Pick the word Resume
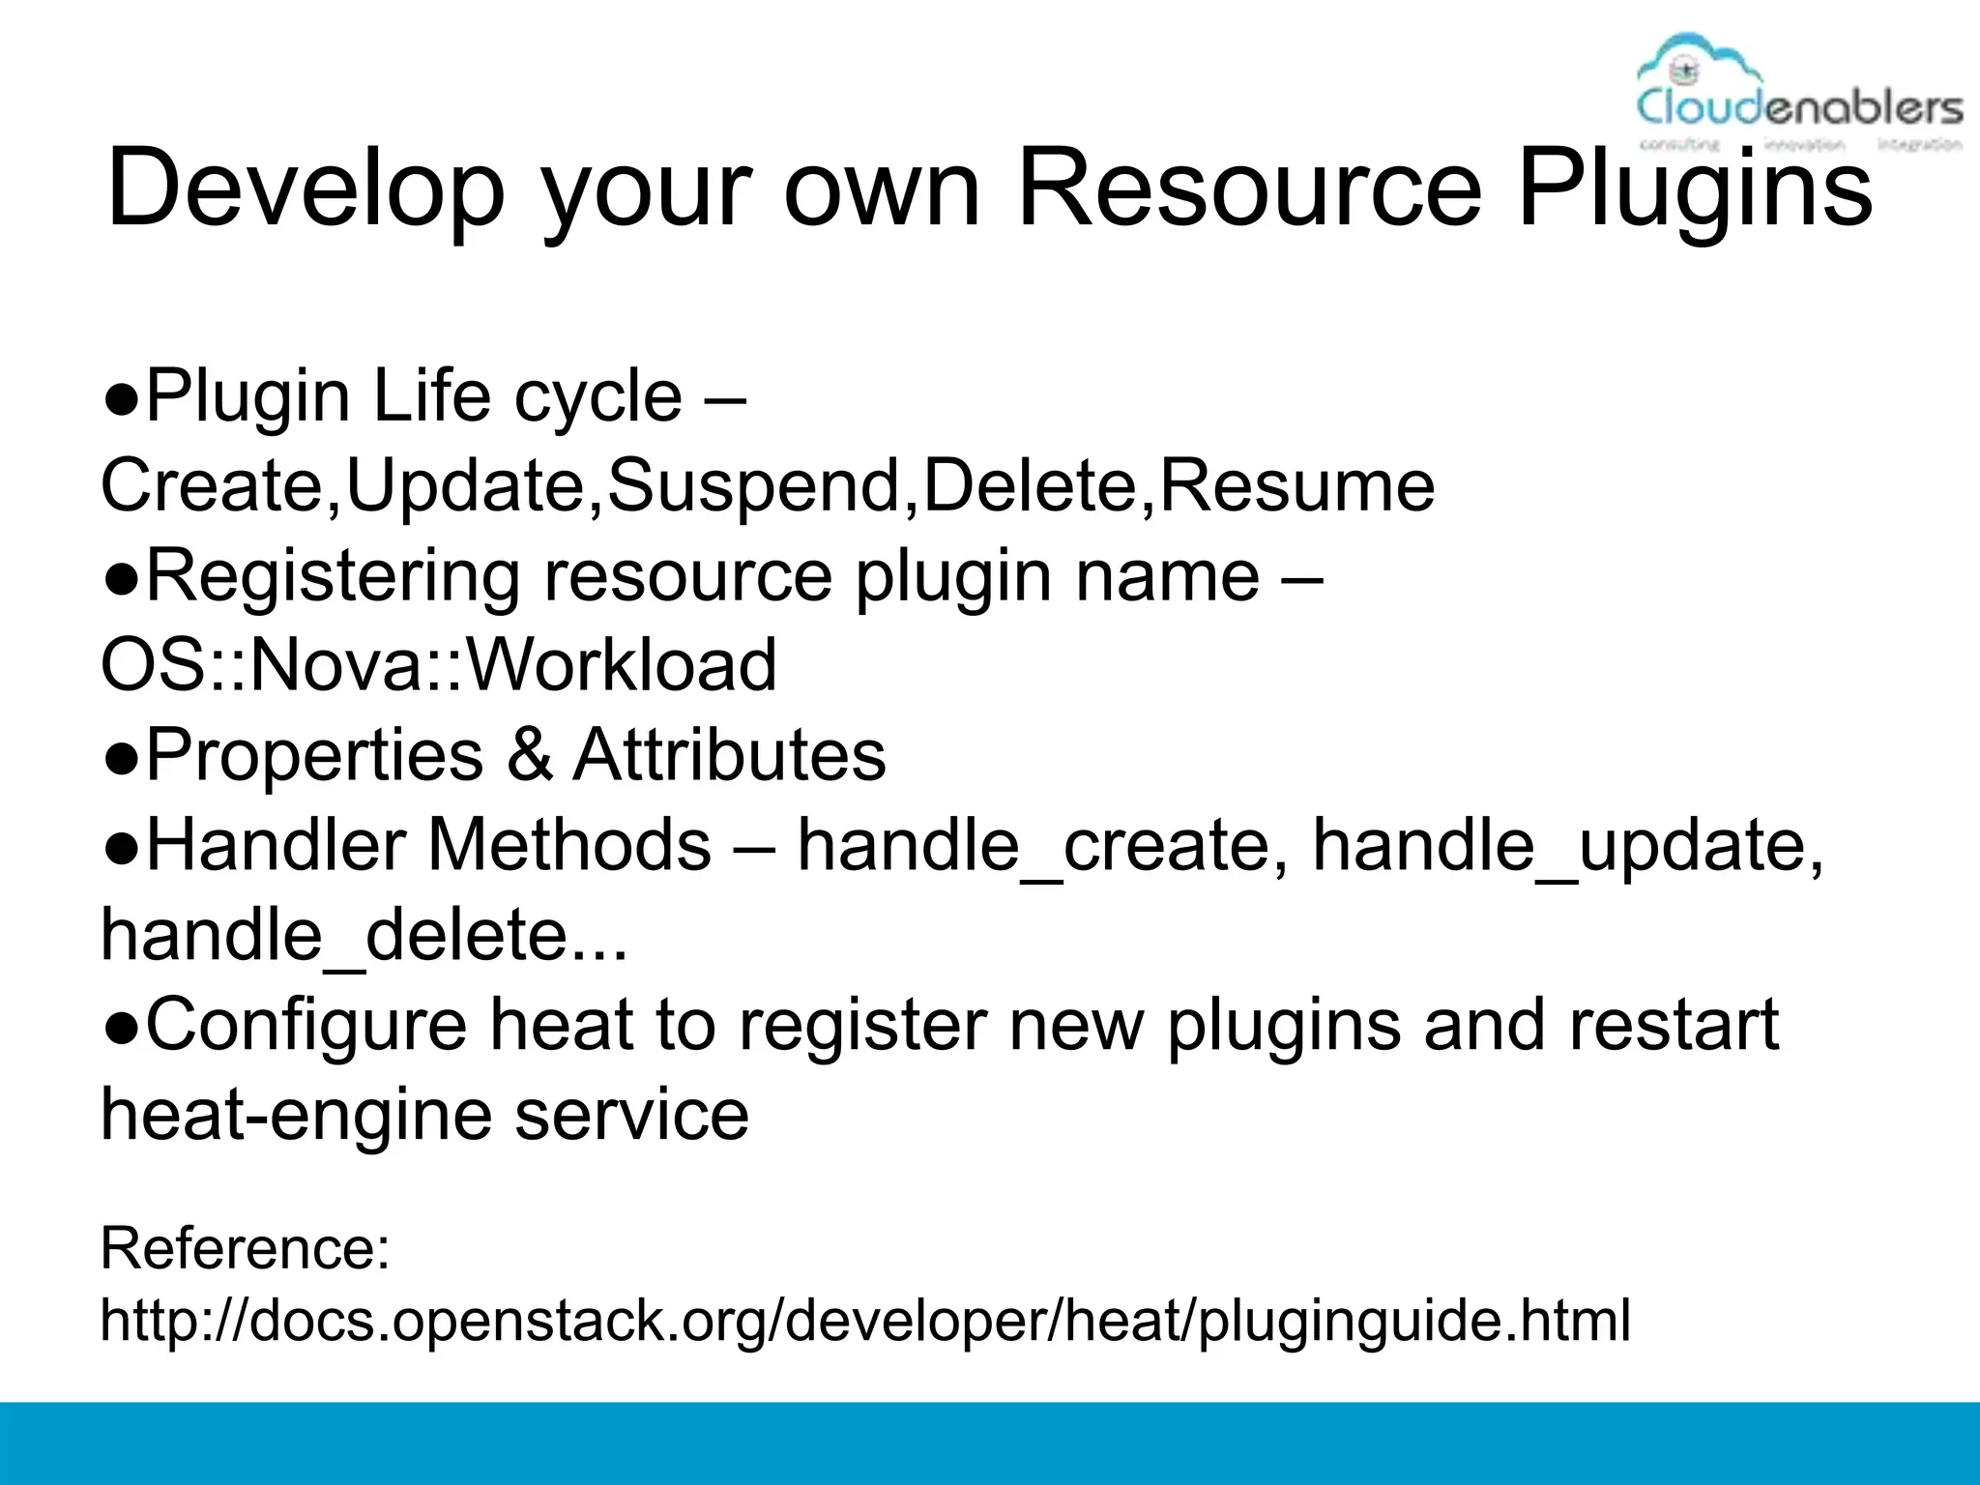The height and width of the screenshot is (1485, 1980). click(1296, 485)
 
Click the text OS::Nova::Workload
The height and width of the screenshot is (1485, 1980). click(439, 665)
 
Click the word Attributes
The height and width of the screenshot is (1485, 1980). click(729, 755)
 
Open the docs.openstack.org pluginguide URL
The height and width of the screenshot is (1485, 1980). click(864, 1321)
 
